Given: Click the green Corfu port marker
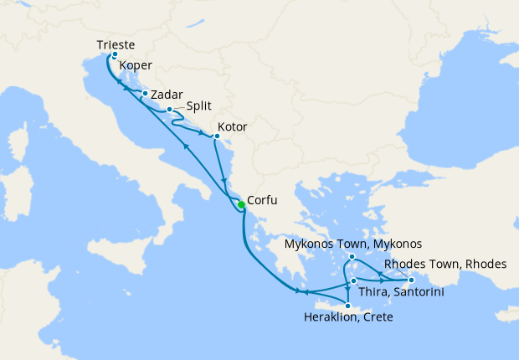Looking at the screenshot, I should tap(240, 205).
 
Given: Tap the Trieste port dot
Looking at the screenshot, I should tap(115, 54).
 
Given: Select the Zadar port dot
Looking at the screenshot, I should tap(145, 93).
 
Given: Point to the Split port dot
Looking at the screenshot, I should tap(170, 110).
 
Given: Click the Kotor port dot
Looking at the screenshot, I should tap(217, 135).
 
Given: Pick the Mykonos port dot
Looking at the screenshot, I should tap(352, 256).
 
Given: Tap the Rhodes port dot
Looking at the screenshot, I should tap(411, 280).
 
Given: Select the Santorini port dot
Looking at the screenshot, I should tap(354, 280).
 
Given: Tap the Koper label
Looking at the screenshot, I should tap(136, 65).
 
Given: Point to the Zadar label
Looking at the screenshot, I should tap(167, 94).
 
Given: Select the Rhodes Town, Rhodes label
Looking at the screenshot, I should tap(444, 264).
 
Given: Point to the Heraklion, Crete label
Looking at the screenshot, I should tap(347, 318).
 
